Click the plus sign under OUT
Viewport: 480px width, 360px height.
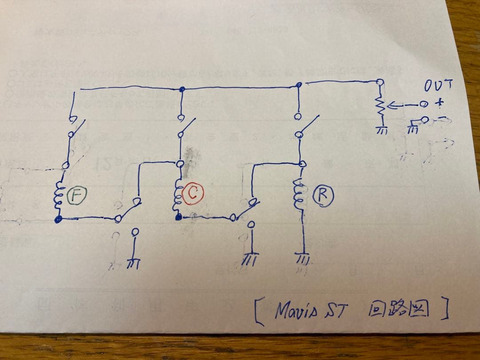tap(440, 104)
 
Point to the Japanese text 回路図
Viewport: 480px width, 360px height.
tap(398, 310)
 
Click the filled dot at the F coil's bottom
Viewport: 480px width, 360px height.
tap(58, 219)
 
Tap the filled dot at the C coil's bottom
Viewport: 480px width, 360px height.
tap(178, 217)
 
